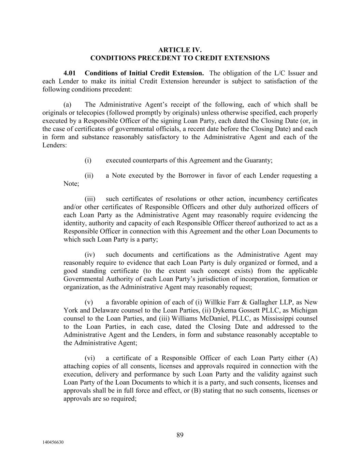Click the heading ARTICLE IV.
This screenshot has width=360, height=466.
pyautogui.click(x=180, y=50)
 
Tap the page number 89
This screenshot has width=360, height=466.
pyautogui.click(x=180, y=435)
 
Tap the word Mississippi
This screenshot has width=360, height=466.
pyautogui.click(x=281, y=319)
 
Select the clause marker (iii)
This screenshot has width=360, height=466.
pyautogui.click(x=90, y=199)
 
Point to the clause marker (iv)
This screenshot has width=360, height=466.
pyautogui.click(x=90, y=255)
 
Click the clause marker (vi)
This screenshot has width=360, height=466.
pyautogui.click(x=90, y=358)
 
